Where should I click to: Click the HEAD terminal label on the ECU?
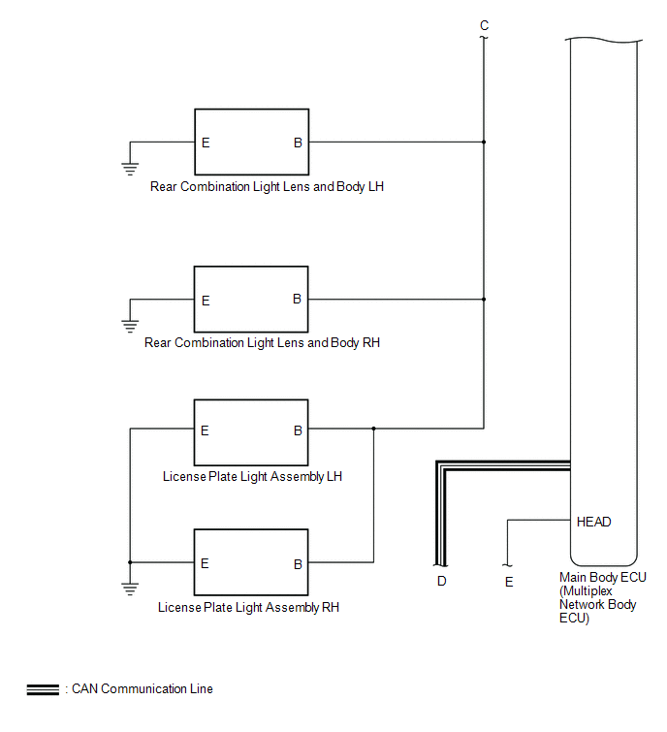pos(593,522)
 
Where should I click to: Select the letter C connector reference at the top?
pos(484,25)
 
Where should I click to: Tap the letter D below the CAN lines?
pos(441,581)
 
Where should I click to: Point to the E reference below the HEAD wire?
pos(509,582)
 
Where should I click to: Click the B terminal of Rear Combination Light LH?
pos(298,143)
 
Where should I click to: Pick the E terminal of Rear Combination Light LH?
pos(206,143)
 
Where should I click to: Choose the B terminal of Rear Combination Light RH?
pos(297,299)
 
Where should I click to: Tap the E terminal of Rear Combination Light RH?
pos(206,301)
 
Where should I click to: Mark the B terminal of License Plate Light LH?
pos(298,430)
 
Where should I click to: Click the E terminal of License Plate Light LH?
pos(205,430)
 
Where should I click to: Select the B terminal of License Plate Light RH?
pos(298,564)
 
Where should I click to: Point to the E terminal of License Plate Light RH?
pos(205,563)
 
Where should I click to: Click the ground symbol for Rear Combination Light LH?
pos(130,169)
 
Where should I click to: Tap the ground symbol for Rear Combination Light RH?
pos(130,326)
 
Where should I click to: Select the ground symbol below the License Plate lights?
pos(130,589)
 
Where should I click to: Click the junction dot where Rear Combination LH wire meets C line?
pos(484,142)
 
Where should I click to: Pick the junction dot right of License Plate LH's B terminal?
pos(373,429)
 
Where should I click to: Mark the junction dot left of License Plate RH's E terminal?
pos(130,562)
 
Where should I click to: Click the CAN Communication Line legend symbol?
pos(43,689)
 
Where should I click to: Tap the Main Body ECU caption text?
pos(603,597)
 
